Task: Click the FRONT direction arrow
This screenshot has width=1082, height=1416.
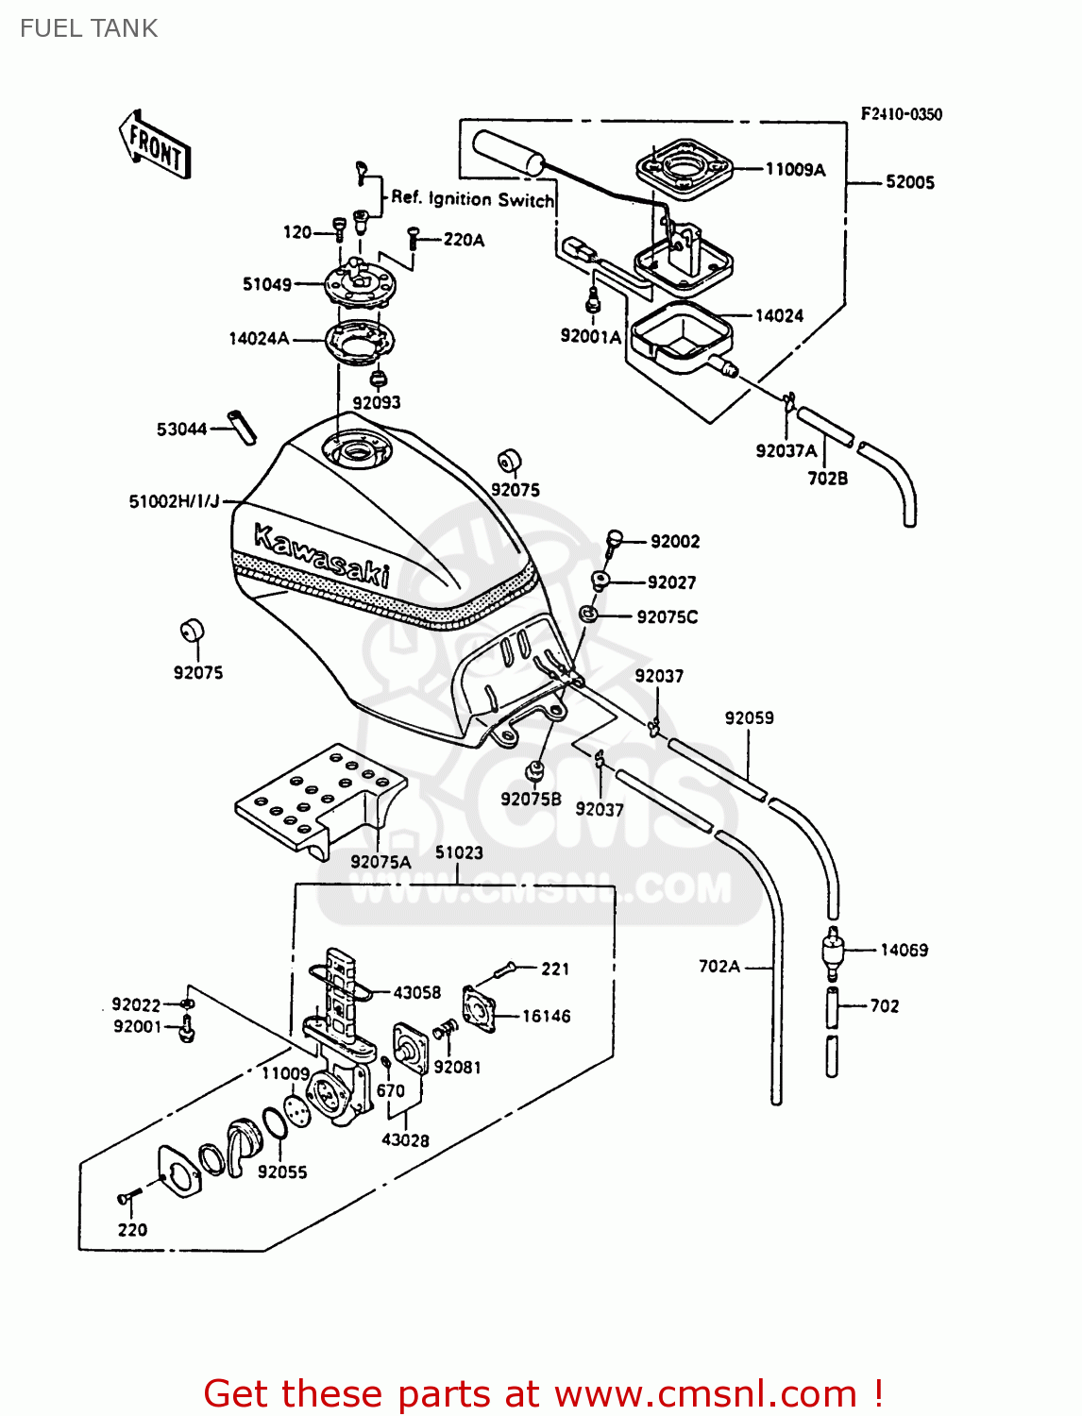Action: (156, 145)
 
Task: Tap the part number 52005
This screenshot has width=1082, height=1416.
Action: (909, 182)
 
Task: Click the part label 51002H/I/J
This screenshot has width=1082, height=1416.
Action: (174, 501)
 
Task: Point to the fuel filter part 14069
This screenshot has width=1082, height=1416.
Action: (832, 952)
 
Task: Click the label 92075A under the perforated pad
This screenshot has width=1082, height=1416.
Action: (380, 862)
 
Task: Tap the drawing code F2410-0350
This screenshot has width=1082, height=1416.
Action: (901, 114)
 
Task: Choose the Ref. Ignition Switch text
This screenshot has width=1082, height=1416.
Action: (472, 199)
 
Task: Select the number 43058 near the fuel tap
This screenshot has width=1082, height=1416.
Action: (416, 992)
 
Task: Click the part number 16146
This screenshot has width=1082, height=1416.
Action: (546, 1016)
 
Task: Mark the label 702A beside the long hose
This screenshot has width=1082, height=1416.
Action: (719, 967)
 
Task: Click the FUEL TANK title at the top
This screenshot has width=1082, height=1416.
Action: (89, 28)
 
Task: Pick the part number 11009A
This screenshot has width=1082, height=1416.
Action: (795, 169)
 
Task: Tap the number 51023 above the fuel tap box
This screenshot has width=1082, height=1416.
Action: (459, 852)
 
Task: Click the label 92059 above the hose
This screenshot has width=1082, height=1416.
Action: (749, 717)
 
